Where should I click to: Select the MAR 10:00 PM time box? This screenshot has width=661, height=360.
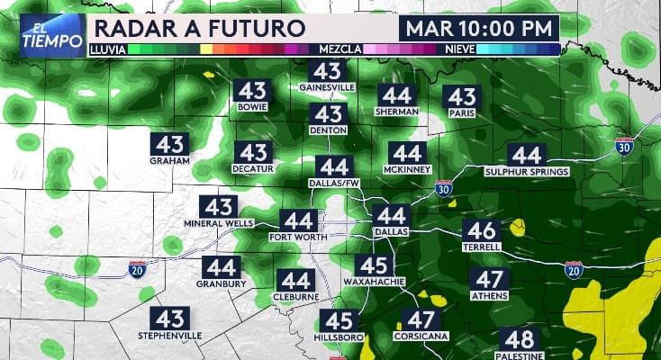coord(480,28)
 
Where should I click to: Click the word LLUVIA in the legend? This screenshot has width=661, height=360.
coord(107,49)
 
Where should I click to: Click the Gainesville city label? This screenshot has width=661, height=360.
coord(328,87)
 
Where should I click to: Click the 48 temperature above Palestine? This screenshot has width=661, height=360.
coord(520,340)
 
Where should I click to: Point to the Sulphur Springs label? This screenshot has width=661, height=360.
coord(527,171)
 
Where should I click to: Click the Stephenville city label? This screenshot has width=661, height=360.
coord(170,335)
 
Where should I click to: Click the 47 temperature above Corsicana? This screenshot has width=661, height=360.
coord(421,320)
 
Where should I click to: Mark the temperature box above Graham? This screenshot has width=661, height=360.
coord(169,144)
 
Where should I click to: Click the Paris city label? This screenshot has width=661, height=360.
coord(461,112)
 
